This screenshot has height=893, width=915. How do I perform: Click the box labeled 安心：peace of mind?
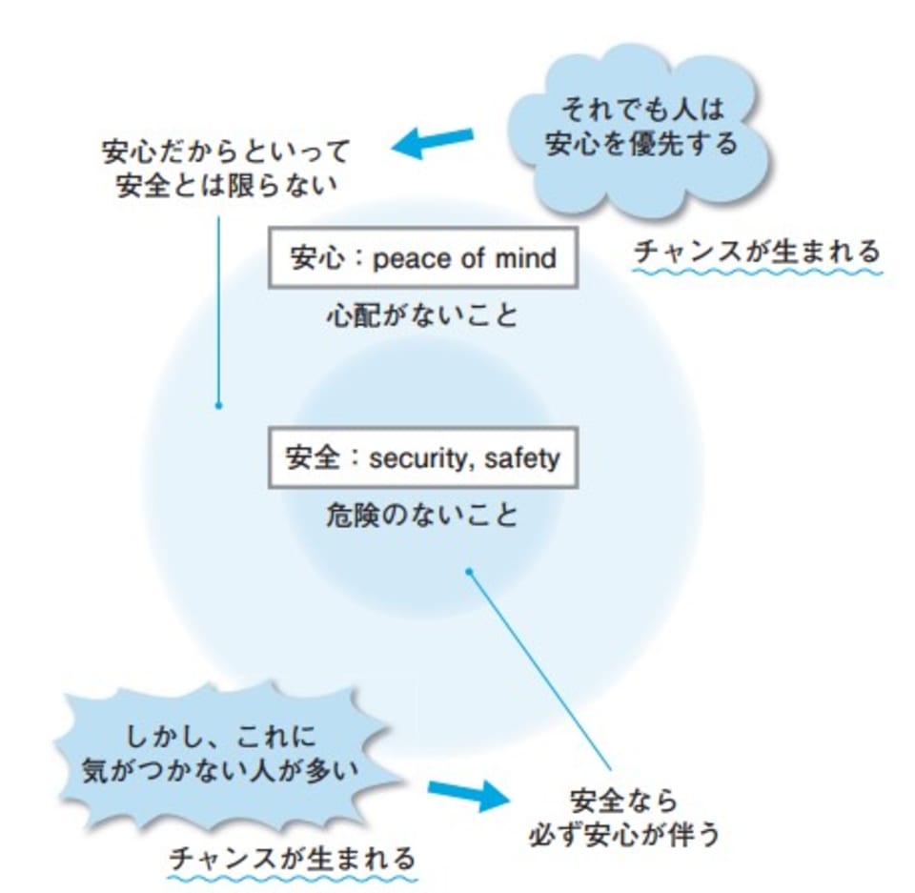[423, 257]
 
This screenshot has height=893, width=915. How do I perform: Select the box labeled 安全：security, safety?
[423, 458]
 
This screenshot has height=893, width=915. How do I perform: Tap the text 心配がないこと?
[422, 315]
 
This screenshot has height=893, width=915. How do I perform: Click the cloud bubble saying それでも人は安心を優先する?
[640, 130]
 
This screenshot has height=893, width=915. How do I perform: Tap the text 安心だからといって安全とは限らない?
[226, 168]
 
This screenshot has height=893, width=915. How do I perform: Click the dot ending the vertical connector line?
[219, 405]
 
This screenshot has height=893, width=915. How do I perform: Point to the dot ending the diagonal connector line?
[469, 572]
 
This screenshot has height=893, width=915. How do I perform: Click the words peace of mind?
[465, 258]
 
